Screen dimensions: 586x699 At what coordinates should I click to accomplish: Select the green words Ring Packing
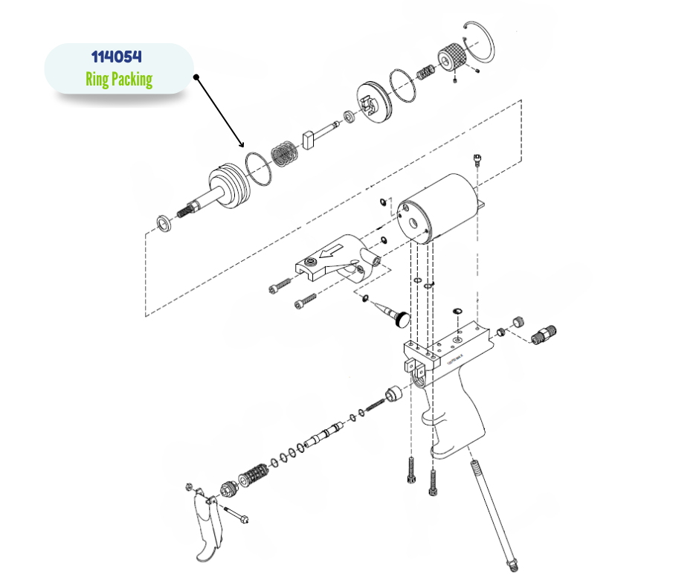(119, 79)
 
